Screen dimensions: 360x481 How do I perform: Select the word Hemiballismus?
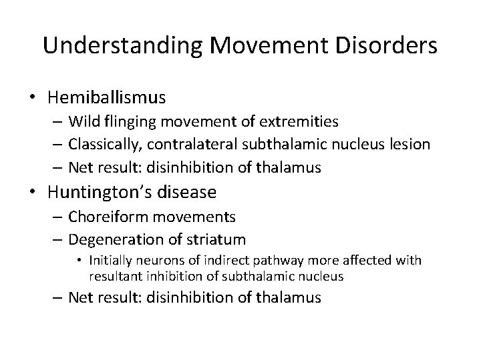(x=107, y=97)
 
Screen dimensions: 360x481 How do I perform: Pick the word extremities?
(x=299, y=122)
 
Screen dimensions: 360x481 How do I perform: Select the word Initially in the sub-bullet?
(x=110, y=260)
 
